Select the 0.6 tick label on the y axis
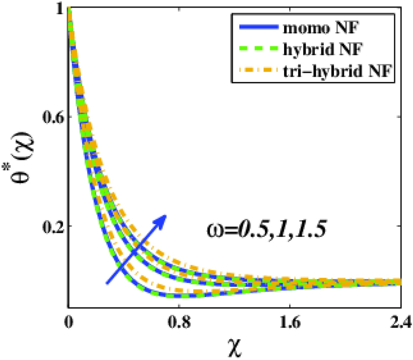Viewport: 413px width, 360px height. click(x=51, y=117)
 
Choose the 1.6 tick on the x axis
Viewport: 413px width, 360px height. click(x=290, y=321)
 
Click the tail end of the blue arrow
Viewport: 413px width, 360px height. click(x=107, y=283)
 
